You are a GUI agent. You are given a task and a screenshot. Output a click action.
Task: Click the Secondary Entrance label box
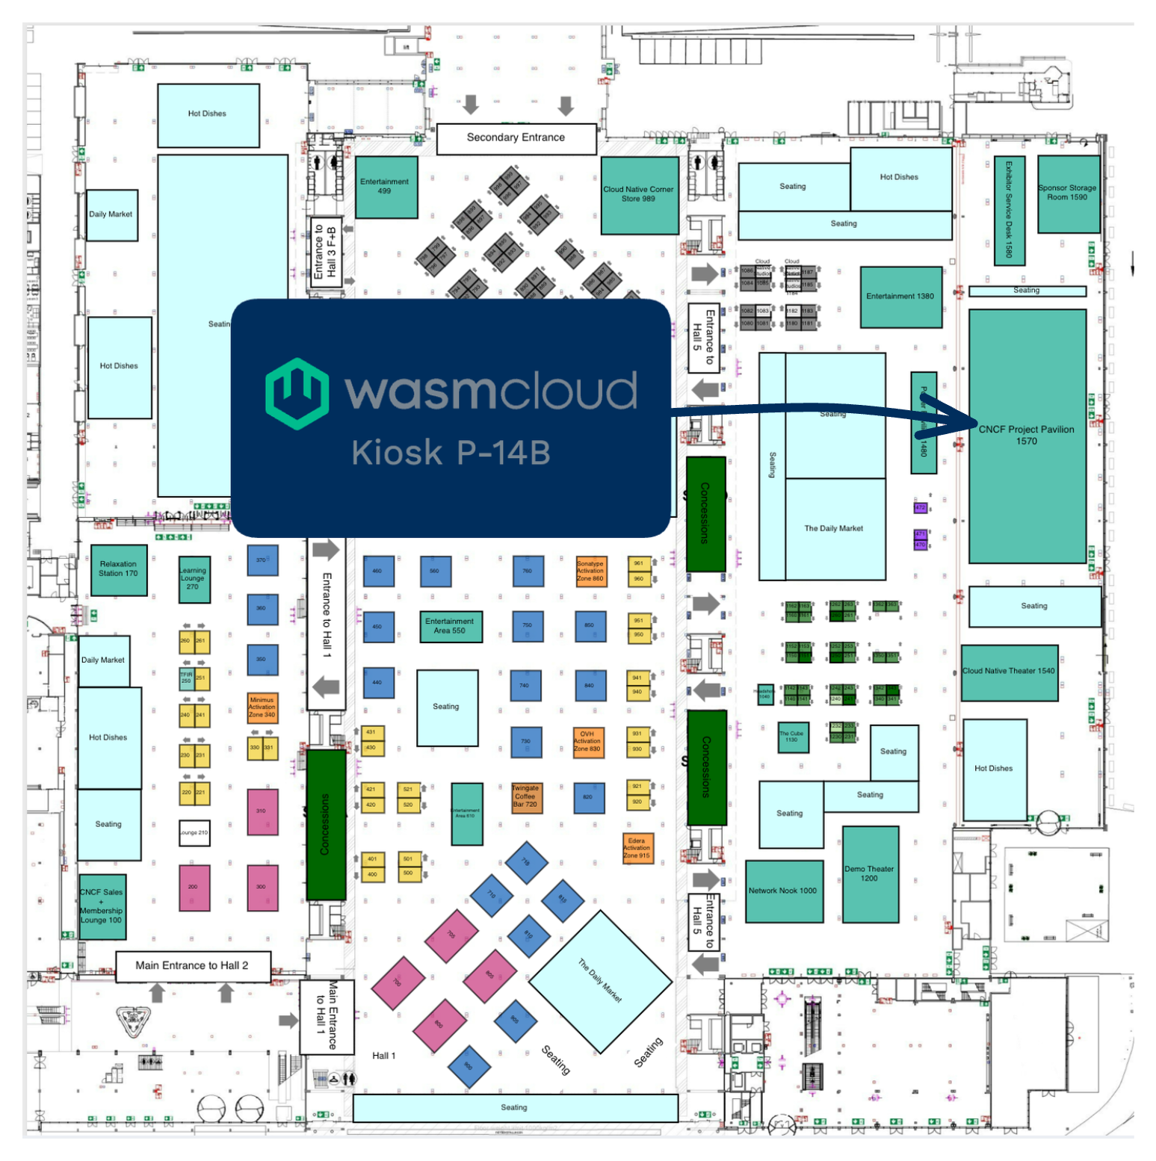[516, 138]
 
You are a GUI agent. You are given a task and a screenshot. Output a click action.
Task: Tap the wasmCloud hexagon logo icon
[297, 394]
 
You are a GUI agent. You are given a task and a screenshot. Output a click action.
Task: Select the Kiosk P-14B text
[451, 453]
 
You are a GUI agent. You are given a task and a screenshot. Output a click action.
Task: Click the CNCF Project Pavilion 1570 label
[1026, 435]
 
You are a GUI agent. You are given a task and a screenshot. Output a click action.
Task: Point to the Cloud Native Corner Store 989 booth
[639, 195]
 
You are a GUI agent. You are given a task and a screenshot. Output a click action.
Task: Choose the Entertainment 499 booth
[386, 187]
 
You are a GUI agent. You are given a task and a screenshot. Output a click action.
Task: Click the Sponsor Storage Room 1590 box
[1067, 193]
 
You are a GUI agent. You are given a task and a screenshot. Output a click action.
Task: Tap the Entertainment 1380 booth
[900, 297]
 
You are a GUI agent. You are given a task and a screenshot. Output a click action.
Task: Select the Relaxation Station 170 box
[118, 569]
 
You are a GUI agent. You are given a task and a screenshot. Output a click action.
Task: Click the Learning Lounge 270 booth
[194, 579]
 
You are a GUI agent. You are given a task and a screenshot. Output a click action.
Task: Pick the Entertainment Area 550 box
[450, 626]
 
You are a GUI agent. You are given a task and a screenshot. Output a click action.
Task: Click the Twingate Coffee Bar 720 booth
[526, 797]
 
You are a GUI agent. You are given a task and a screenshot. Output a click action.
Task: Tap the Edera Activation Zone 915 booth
[637, 849]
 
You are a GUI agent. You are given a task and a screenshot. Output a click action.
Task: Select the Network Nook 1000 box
[783, 891]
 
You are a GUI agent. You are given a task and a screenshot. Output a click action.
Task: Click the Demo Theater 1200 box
[869, 874]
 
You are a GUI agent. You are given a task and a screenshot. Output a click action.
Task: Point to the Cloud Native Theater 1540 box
[1008, 672]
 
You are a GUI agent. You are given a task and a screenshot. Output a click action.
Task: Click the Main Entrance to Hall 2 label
[192, 966]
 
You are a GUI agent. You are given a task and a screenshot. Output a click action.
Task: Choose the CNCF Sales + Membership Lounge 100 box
[102, 906]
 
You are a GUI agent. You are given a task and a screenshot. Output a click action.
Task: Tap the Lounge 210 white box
[194, 832]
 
